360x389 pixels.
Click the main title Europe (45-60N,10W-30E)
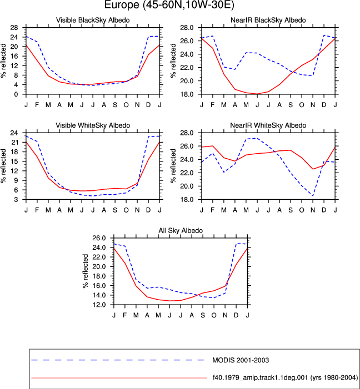coord(169,4)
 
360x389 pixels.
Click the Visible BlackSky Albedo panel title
coord(93,20)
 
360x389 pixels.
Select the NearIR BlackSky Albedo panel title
coord(268,20)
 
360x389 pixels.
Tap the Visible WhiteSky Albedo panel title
coord(93,125)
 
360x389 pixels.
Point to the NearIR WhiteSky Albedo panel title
coord(268,125)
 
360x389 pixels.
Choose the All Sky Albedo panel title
coord(181,231)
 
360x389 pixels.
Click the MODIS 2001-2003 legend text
coord(241,360)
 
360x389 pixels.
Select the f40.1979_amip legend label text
coord(285,378)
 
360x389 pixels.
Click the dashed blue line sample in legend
coord(118,360)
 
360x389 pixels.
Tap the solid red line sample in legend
coord(119,378)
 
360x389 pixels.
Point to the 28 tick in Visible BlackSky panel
coord(14,28)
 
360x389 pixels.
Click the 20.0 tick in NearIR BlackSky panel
coord(187,81)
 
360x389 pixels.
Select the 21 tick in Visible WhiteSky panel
coord(14,143)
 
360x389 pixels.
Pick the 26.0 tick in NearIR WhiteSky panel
coord(187,146)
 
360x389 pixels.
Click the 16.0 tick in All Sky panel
coord(99,286)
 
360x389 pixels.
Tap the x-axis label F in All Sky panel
coord(124,315)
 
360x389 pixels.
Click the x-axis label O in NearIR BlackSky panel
coord(302,105)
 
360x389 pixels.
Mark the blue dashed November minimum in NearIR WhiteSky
coord(313,196)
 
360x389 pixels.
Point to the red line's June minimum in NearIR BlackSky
coord(257,94)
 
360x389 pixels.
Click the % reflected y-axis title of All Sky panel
coord(86,271)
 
